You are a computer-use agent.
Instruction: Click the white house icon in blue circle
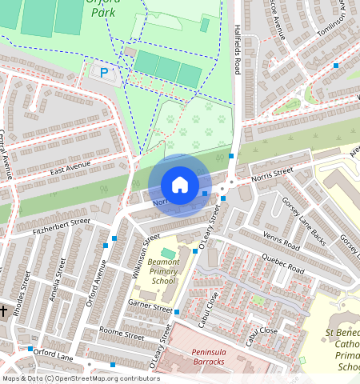click(x=180, y=185)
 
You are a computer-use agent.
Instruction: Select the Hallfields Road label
click(x=237, y=49)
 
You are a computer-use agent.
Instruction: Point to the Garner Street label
click(x=150, y=306)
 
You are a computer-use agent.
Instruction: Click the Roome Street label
click(x=121, y=333)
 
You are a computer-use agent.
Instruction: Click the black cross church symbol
click(x=4, y=310)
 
